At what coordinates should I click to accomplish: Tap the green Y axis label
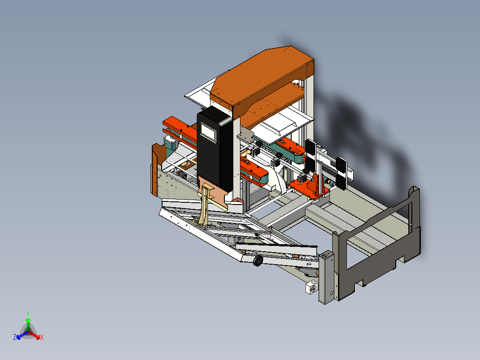(28, 313)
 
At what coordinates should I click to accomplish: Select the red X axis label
(41, 338)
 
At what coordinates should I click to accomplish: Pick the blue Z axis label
(15, 338)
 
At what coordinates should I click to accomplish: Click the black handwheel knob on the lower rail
(257, 262)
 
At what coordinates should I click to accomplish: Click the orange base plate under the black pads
(309, 187)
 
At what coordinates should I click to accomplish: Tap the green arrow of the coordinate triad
(28, 323)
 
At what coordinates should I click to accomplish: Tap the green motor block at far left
(170, 143)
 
